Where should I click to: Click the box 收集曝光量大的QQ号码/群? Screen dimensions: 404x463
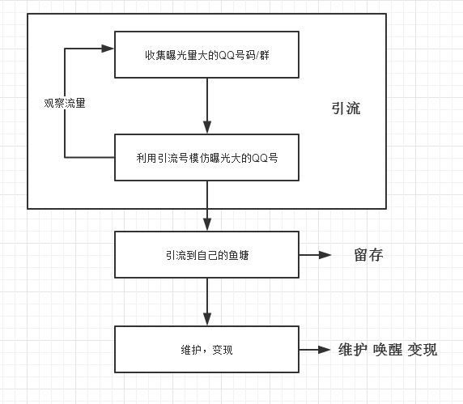click(x=207, y=55)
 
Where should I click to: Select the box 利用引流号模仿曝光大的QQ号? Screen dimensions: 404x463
click(x=207, y=157)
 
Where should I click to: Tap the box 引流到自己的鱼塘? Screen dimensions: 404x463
click(x=207, y=254)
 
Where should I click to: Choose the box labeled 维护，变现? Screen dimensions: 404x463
click(x=207, y=350)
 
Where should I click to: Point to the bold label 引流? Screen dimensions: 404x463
click(x=346, y=109)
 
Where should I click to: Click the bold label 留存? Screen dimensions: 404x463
click(x=368, y=255)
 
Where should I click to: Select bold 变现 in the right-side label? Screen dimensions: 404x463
click(x=423, y=350)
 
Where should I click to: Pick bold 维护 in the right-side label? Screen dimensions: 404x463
click(x=353, y=350)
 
